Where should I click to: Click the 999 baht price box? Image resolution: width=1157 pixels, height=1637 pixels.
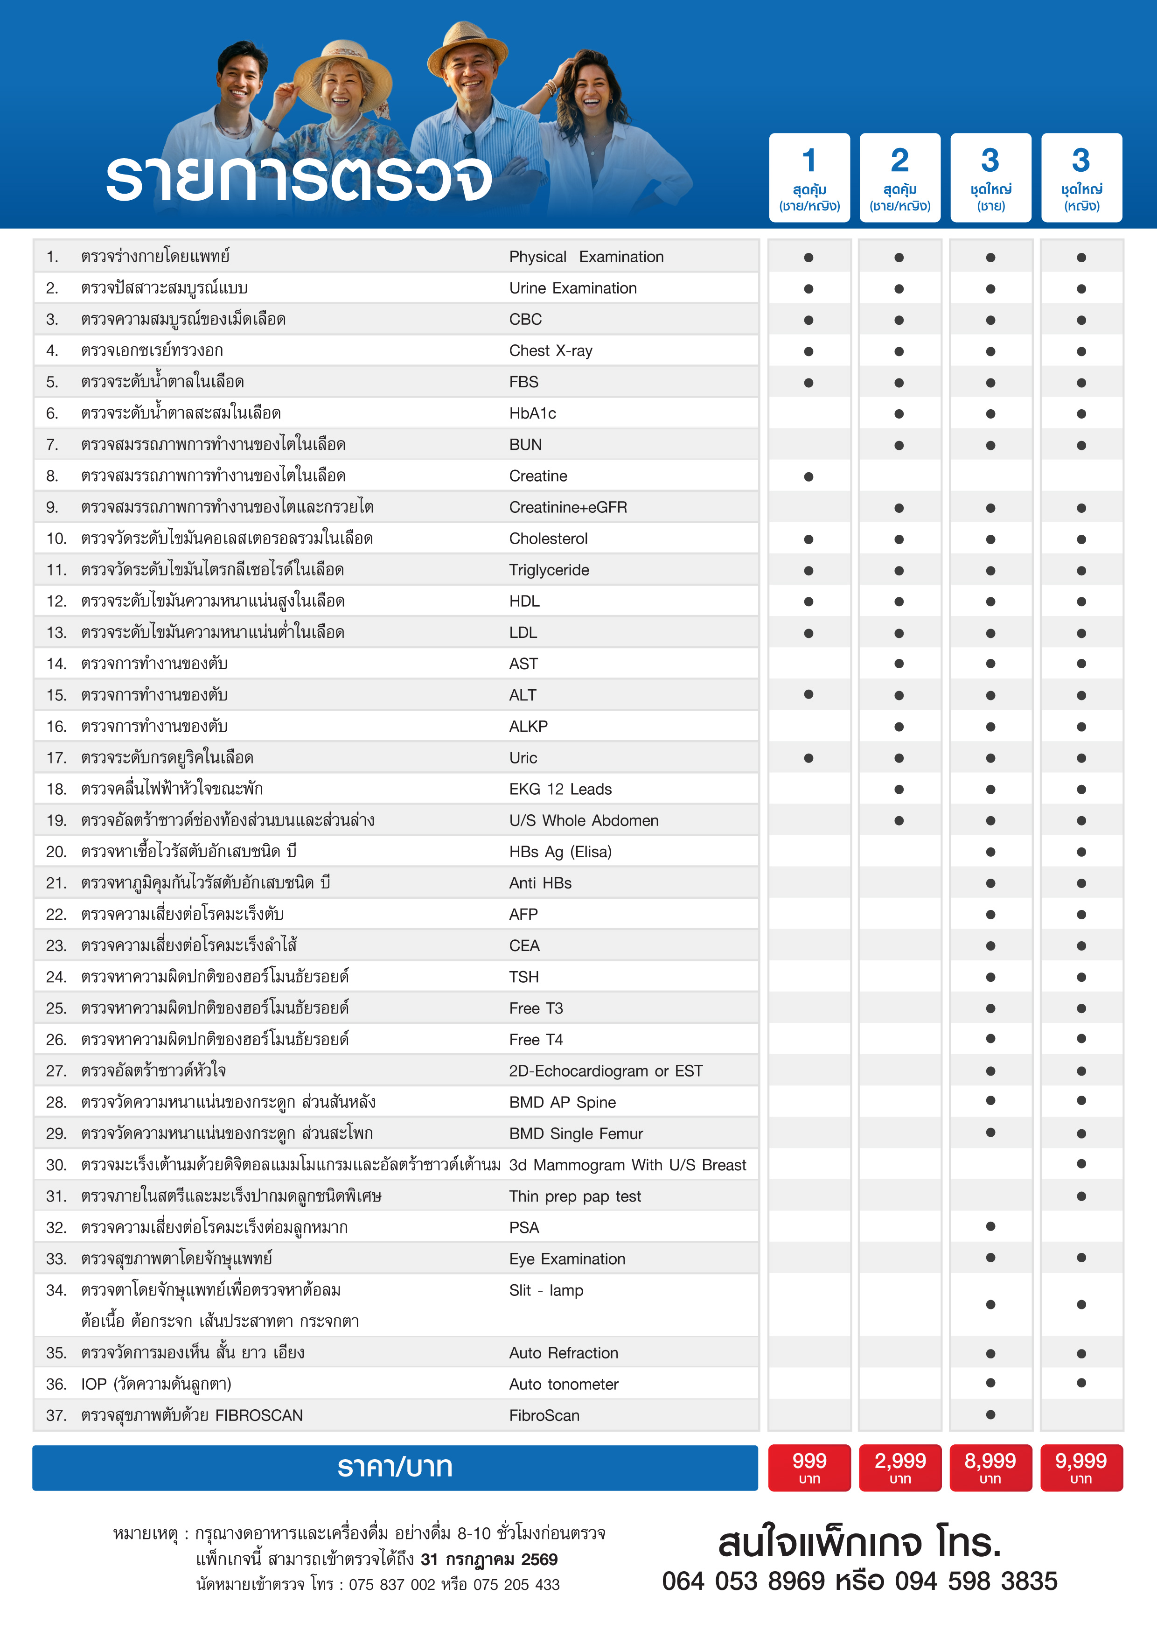(x=809, y=1467)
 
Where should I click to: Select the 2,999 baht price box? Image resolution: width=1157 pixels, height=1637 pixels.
(x=899, y=1467)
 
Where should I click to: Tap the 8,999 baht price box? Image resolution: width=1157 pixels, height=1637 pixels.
(x=990, y=1467)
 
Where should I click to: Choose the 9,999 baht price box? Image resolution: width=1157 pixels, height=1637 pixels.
(x=1081, y=1467)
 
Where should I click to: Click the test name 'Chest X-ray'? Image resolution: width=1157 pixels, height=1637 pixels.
(x=551, y=351)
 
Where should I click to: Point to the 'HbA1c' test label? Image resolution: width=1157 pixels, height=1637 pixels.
(x=532, y=413)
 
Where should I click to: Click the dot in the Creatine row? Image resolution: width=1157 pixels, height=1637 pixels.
(x=809, y=477)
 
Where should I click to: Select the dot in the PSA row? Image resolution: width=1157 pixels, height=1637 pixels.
(x=990, y=1226)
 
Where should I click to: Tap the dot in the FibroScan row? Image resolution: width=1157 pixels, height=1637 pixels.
(x=990, y=1414)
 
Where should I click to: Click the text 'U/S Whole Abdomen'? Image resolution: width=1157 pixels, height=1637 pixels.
(x=583, y=821)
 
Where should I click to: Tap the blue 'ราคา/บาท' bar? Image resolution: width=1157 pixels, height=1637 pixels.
(x=395, y=1467)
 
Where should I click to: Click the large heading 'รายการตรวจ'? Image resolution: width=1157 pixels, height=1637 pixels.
(x=300, y=178)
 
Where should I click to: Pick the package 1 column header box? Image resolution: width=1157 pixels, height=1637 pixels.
(x=809, y=177)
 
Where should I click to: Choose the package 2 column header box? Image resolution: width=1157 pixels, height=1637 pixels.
(x=899, y=177)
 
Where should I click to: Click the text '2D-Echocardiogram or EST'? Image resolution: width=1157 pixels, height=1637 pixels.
(x=605, y=1071)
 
